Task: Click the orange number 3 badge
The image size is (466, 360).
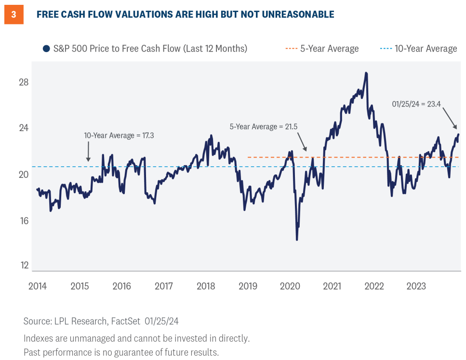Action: (13, 14)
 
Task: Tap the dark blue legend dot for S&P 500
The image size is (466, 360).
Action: (46, 49)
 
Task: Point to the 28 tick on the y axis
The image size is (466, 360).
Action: (23, 82)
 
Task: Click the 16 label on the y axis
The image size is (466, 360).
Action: (23, 221)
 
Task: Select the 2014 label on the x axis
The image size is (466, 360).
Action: (38, 286)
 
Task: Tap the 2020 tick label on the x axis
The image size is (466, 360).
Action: (290, 286)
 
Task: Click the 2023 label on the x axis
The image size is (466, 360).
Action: (416, 286)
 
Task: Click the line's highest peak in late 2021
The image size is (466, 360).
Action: (366, 73)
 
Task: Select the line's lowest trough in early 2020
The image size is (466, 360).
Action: (297, 240)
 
